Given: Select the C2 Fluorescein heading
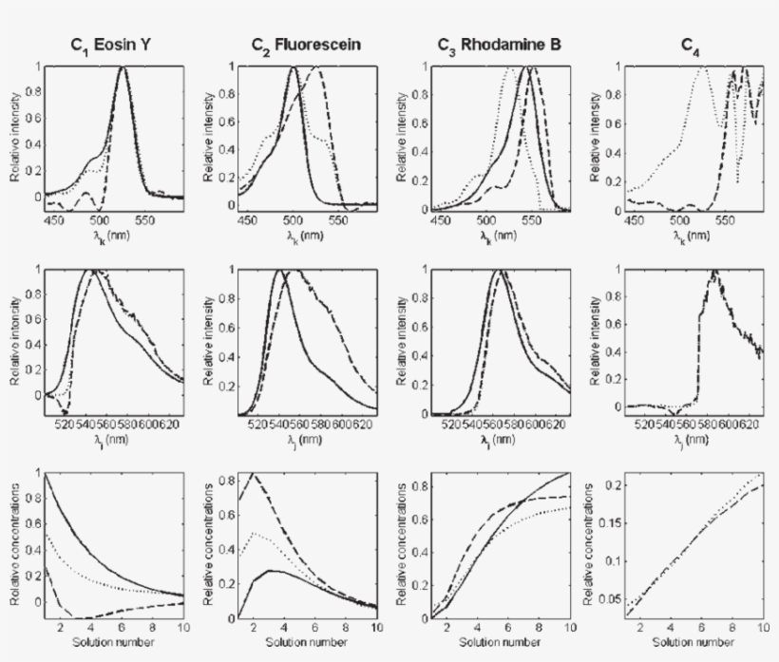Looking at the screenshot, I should coord(293,45).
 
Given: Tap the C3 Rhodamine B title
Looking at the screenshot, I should coord(492,45).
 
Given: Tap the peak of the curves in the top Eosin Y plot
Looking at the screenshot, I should coord(123,67).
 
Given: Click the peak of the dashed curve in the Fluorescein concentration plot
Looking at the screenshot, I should coord(253,474).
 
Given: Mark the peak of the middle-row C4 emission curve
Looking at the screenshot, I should coord(712,272).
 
